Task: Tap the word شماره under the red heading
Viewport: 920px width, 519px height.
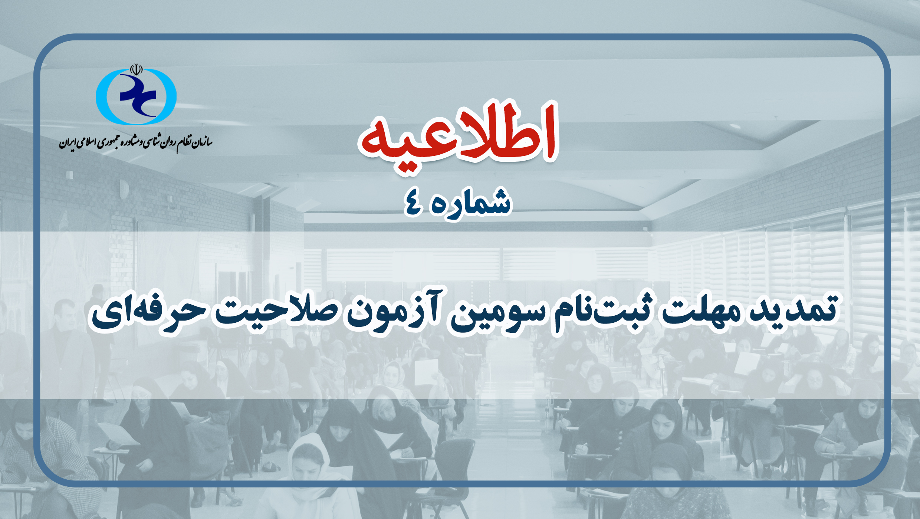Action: [x=470, y=203]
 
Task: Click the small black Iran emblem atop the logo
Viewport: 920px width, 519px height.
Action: [x=136, y=70]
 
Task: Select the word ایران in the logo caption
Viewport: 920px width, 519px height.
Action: [x=68, y=143]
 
